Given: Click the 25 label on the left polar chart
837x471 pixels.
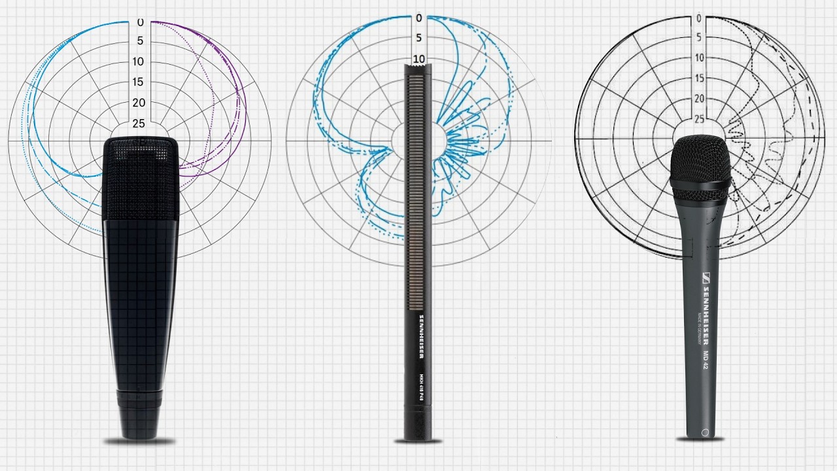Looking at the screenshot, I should (x=139, y=123).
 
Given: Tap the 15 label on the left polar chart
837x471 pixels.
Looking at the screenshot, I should (x=139, y=82).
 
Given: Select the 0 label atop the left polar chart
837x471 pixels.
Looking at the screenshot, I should (x=140, y=23).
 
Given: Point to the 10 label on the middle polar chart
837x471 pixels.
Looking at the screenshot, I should (x=418, y=59).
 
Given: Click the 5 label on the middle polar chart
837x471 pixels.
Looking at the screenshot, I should (x=418, y=39).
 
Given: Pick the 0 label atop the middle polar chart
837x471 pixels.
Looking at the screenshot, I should (x=418, y=18).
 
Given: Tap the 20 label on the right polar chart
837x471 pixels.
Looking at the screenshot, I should (x=699, y=99).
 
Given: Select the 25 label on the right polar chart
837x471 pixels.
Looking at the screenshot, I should (x=699, y=119).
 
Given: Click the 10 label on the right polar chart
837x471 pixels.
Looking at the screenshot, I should (x=699, y=58).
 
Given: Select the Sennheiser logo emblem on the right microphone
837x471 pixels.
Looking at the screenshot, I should (x=707, y=275).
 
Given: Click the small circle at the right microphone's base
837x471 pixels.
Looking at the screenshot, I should (x=705, y=432).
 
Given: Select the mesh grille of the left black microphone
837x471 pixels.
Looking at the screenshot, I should (x=140, y=177).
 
